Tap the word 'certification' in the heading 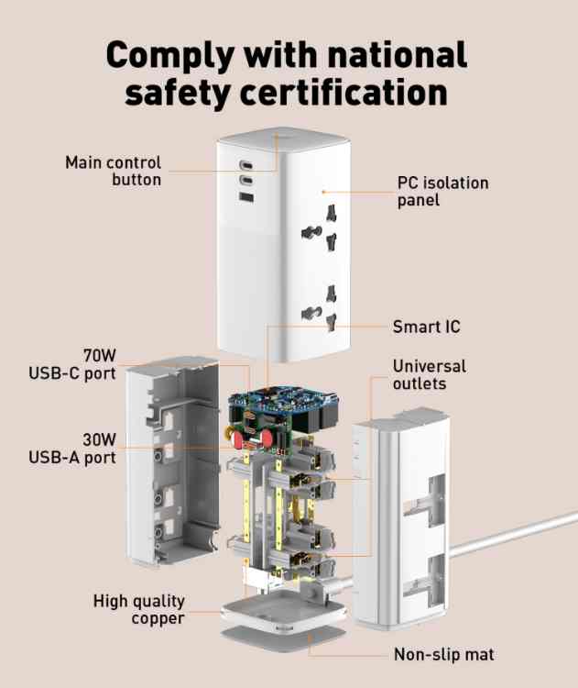(344, 93)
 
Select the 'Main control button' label (114, 172)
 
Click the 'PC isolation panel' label (442, 192)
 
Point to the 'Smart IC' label (426, 327)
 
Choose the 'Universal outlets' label (430, 374)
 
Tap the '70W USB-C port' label (72, 364)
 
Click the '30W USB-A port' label (72, 449)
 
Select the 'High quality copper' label (139, 609)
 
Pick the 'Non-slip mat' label (444, 654)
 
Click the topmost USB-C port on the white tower (245, 165)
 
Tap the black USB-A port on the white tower (246, 197)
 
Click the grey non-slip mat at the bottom (283, 636)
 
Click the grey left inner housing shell (172, 461)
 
